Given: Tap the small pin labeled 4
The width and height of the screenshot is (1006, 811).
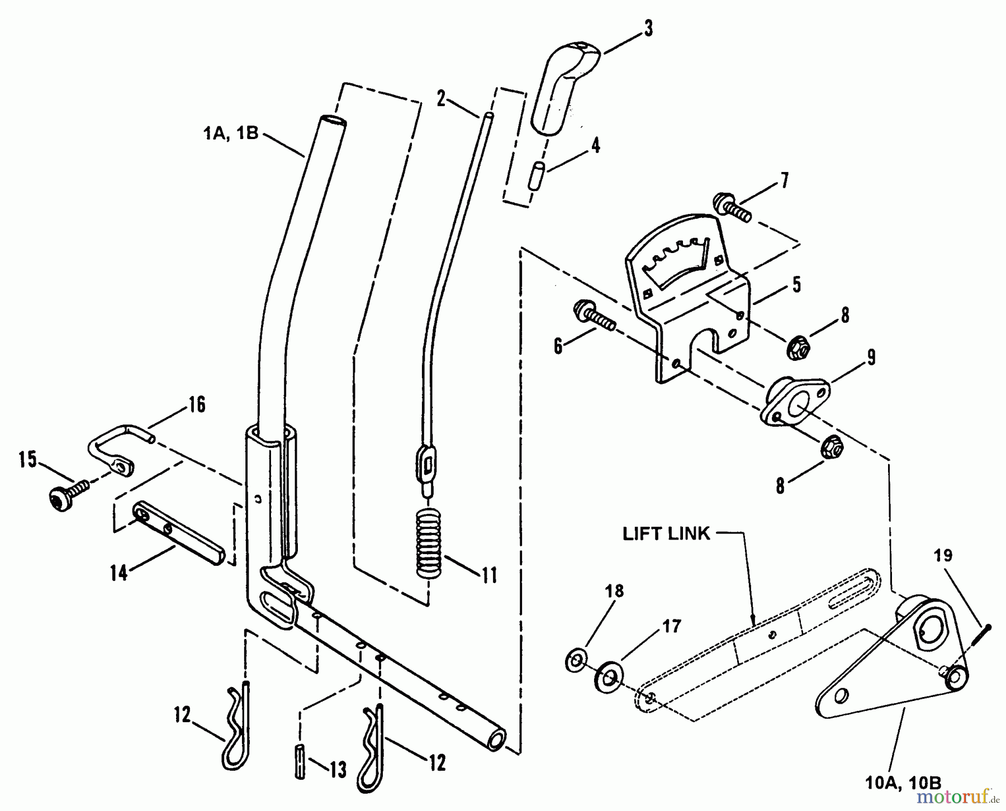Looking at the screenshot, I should [538, 176].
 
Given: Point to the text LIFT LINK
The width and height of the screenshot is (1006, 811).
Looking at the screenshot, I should [666, 534].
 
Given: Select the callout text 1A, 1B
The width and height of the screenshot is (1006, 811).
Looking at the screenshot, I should [230, 133].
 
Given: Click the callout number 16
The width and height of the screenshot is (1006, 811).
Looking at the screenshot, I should [196, 404].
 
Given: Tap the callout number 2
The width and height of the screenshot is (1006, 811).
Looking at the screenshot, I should [442, 99].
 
